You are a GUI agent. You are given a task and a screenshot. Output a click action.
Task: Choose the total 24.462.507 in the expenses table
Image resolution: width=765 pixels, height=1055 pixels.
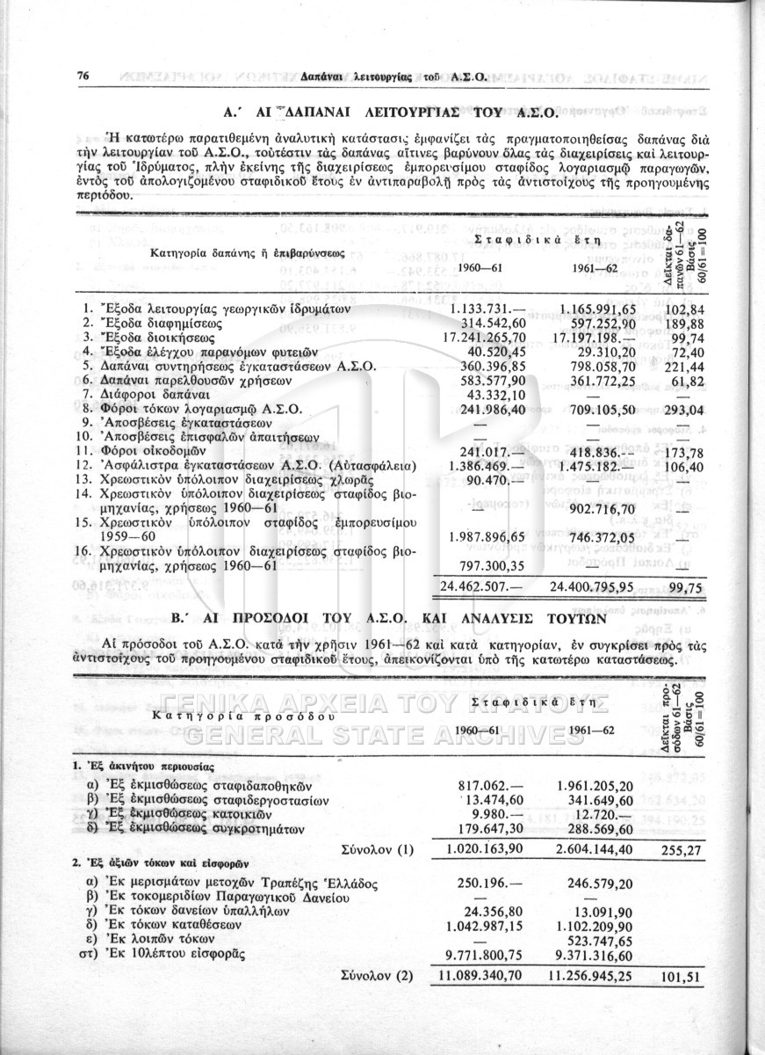477,586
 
